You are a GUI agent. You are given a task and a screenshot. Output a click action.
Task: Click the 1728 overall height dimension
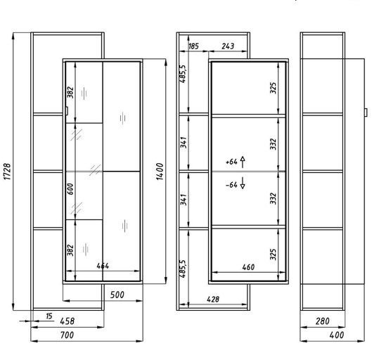tap(7, 172)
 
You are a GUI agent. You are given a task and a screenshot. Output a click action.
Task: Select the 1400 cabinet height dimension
tap(160, 172)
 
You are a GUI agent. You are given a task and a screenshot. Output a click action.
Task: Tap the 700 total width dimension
tap(67, 335)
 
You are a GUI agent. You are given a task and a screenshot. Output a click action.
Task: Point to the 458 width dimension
tap(67, 321)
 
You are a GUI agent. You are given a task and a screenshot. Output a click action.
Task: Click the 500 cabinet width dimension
tap(117, 295)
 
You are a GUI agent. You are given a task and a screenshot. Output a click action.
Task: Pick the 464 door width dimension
tap(103, 266)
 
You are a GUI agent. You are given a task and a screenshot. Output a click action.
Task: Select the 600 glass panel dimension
tap(70, 189)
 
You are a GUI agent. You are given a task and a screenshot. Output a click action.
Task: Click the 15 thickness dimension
tap(49, 316)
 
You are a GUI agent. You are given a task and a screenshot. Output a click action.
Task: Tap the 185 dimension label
tap(193, 46)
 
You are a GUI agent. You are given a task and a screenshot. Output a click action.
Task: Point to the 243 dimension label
tap(228, 46)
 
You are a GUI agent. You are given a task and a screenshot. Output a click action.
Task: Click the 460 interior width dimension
tap(248, 267)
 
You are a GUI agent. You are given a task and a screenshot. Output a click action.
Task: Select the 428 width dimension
tap(213, 300)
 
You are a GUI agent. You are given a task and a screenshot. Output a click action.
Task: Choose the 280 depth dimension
tap(322, 321)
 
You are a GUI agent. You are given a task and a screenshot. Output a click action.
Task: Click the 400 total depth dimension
tap(337, 335)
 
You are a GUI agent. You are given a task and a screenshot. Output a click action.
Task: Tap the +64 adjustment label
tap(231, 162)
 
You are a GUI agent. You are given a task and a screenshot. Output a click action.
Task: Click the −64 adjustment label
tap(231, 185)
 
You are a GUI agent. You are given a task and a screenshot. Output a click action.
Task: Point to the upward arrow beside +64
tap(243, 162)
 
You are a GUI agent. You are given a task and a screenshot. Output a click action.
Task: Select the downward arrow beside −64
tap(243, 183)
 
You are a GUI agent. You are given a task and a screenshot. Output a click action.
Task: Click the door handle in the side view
tap(366, 112)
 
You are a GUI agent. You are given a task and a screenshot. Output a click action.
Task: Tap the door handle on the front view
tap(67, 111)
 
